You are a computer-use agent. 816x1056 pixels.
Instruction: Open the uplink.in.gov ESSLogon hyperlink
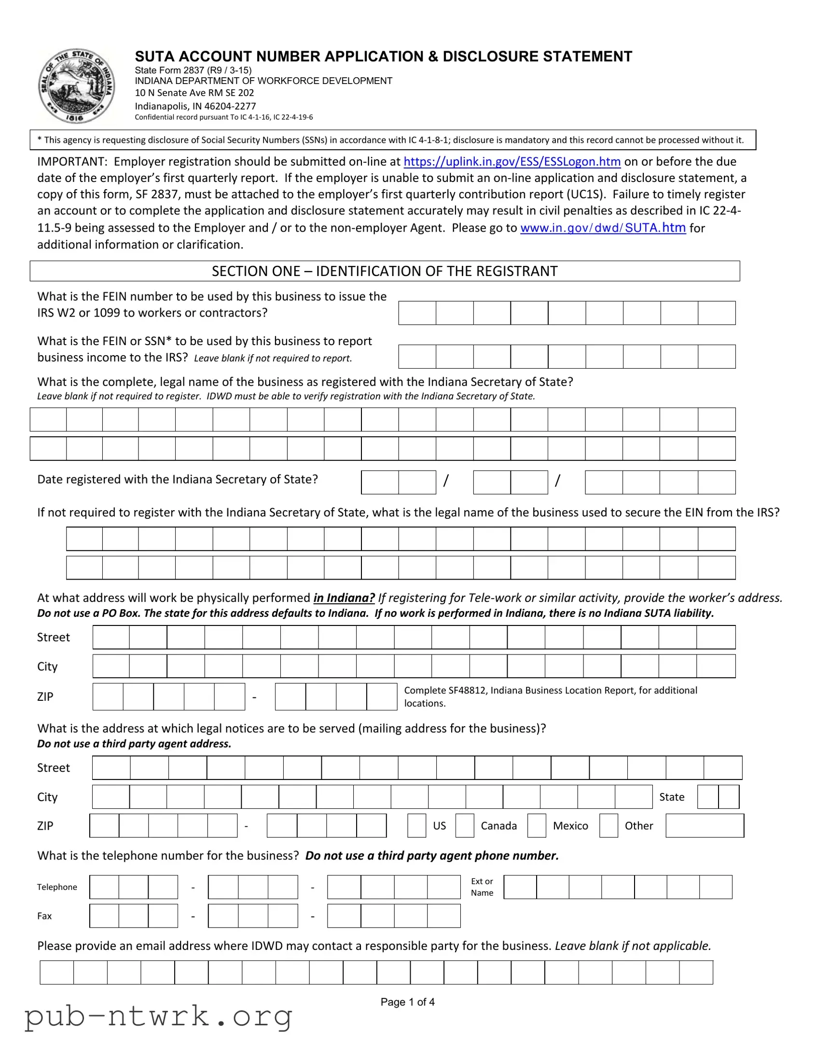(x=512, y=162)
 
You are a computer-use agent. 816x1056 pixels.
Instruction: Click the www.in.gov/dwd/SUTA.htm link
(x=602, y=228)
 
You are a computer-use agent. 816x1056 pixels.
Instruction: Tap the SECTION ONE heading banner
(x=384, y=271)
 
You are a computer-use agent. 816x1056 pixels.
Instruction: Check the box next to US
(x=416, y=825)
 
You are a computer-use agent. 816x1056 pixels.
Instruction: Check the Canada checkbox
(x=465, y=825)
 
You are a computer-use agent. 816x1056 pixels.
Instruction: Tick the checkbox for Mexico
(x=536, y=825)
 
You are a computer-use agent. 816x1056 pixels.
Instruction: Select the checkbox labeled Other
(x=608, y=825)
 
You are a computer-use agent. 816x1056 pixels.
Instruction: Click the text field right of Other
(x=705, y=825)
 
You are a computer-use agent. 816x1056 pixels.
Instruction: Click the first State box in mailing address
(x=708, y=797)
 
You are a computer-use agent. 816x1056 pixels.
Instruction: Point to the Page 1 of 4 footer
(x=407, y=1002)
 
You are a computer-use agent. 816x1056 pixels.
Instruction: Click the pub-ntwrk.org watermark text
(x=159, y=1016)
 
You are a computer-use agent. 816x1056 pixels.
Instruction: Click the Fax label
(x=44, y=916)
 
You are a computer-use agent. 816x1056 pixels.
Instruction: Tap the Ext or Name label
(x=482, y=887)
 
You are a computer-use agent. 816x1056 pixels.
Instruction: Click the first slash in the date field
(x=446, y=481)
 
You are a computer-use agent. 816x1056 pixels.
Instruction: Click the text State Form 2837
(x=169, y=70)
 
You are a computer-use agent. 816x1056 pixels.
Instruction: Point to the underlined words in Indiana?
(x=344, y=597)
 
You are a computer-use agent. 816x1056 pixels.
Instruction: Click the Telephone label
(x=57, y=887)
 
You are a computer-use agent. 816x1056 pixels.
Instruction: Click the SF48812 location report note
(x=550, y=696)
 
